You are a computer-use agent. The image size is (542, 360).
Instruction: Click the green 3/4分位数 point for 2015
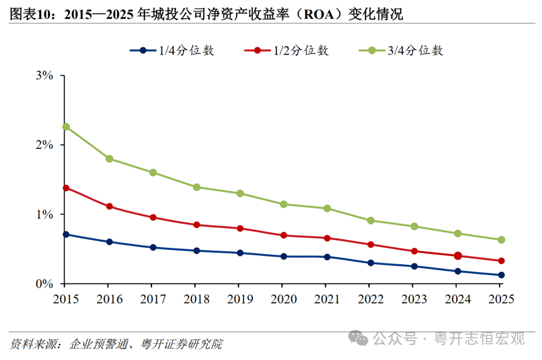[66, 127]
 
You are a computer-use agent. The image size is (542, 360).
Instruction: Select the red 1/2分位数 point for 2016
[109, 206]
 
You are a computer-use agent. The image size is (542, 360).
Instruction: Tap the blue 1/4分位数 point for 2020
[284, 256]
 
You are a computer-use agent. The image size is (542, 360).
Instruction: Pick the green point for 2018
[197, 187]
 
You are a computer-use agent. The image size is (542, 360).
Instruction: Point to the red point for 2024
[458, 256]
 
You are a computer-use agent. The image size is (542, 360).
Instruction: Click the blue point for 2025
[501, 275]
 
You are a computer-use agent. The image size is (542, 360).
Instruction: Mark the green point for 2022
[371, 221]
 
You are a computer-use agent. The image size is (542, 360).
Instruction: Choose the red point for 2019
[240, 228]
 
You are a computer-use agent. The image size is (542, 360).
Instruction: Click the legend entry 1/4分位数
[172, 51]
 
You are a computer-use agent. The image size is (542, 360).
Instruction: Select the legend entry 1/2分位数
[287, 51]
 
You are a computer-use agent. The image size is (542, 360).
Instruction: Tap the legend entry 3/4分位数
[401, 51]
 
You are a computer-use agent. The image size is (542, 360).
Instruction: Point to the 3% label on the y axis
[45, 75]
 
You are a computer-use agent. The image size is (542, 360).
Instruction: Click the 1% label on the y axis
[45, 215]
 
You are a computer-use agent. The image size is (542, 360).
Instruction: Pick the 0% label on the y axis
[45, 284]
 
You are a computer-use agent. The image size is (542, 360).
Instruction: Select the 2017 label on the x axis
[153, 299]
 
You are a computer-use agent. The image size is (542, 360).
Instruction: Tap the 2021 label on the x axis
[327, 299]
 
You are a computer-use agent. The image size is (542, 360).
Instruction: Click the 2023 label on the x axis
[414, 299]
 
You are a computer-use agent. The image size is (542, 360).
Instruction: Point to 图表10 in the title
[31, 15]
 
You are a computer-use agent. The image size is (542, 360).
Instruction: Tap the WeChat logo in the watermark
[358, 338]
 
